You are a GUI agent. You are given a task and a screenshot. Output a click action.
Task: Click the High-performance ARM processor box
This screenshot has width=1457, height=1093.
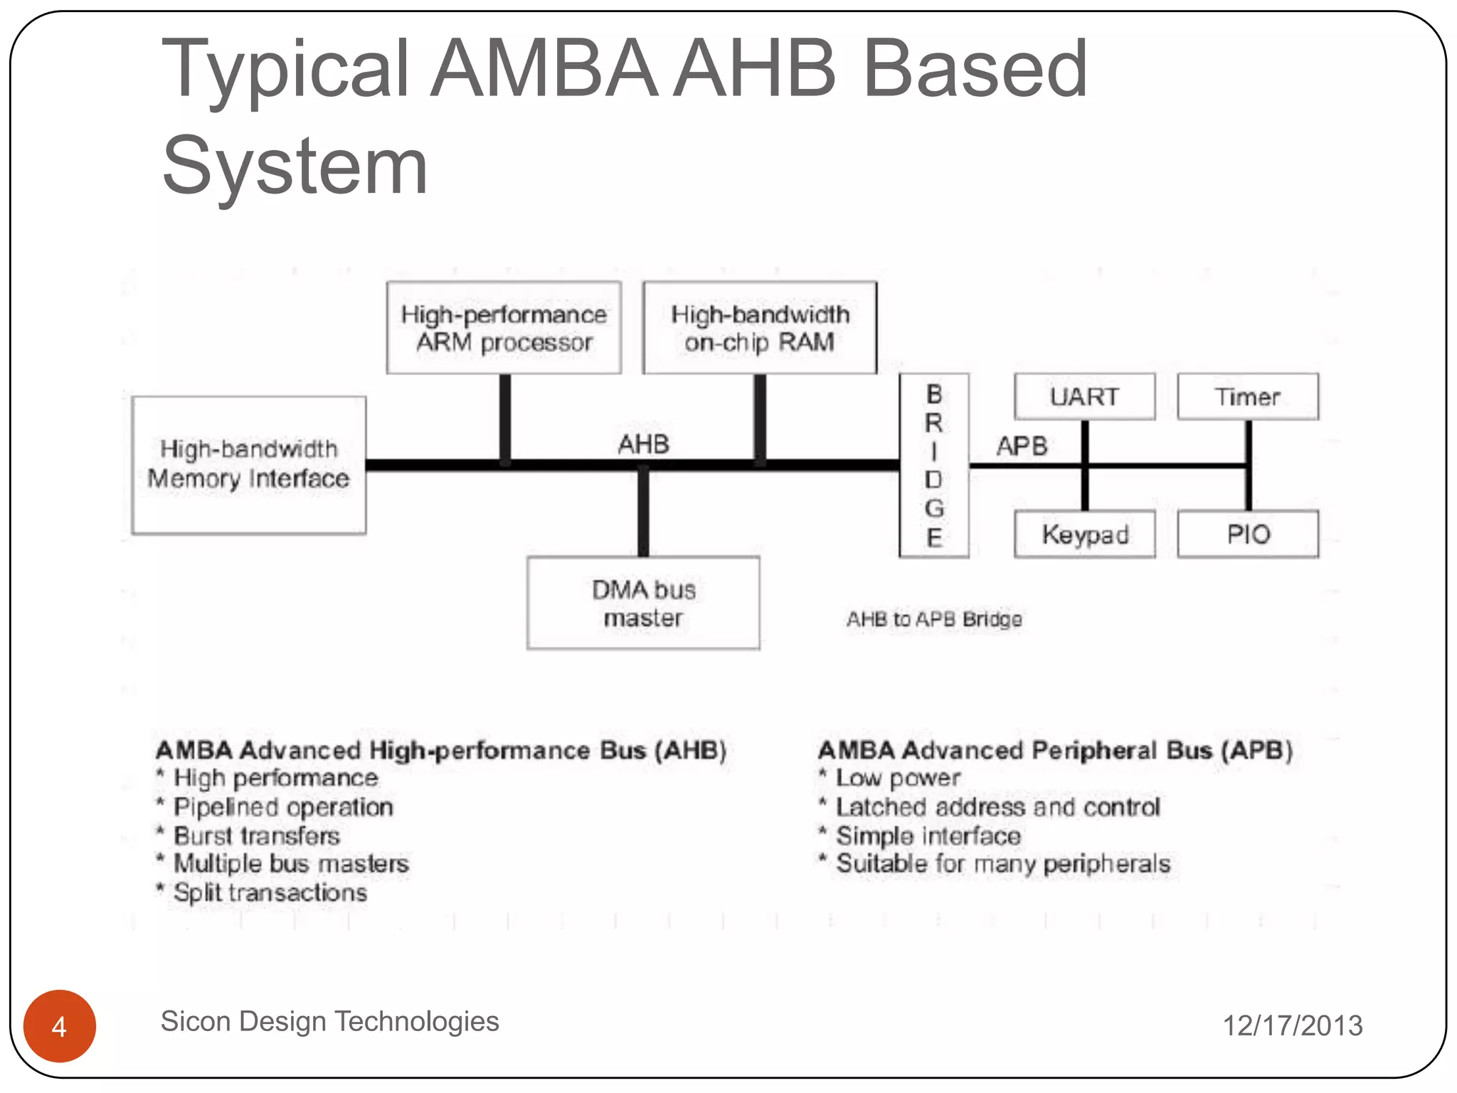coord(504,328)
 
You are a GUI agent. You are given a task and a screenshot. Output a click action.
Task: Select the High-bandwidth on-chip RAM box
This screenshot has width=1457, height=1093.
coord(760,328)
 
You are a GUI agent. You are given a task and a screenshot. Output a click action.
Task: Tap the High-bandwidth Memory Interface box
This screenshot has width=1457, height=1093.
coord(249,465)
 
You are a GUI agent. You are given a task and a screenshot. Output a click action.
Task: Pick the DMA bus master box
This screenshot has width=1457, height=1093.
coord(643,603)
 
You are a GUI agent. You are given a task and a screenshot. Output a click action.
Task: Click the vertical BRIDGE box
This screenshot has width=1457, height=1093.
coord(934,465)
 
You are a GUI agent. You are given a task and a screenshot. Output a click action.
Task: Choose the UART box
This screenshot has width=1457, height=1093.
coord(1084,396)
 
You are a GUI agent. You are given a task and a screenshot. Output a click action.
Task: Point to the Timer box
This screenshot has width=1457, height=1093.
coord(1248,396)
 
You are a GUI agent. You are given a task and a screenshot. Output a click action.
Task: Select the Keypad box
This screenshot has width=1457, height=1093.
coord(1084,534)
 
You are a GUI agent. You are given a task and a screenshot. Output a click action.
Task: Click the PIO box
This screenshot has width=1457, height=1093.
coord(1248,534)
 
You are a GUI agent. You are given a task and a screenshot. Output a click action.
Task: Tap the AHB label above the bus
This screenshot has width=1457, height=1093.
coord(644,444)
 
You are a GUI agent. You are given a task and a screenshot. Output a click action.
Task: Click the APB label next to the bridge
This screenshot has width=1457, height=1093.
coord(1022,446)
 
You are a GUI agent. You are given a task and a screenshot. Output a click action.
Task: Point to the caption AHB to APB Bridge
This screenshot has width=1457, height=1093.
coord(934,619)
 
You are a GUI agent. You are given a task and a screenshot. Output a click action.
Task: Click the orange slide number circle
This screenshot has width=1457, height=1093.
coord(60,1025)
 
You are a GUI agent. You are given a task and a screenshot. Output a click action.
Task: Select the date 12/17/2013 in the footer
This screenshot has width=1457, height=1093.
coord(1292,1025)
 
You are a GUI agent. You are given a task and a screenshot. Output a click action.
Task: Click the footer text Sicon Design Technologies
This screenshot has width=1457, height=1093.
coord(330,1021)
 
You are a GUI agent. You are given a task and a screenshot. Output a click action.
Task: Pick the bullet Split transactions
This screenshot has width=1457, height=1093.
coord(270,892)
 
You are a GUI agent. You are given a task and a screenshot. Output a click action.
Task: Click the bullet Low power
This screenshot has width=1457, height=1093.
coord(898,778)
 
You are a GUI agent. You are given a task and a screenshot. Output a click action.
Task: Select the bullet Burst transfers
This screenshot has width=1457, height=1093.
coord(257,835)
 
